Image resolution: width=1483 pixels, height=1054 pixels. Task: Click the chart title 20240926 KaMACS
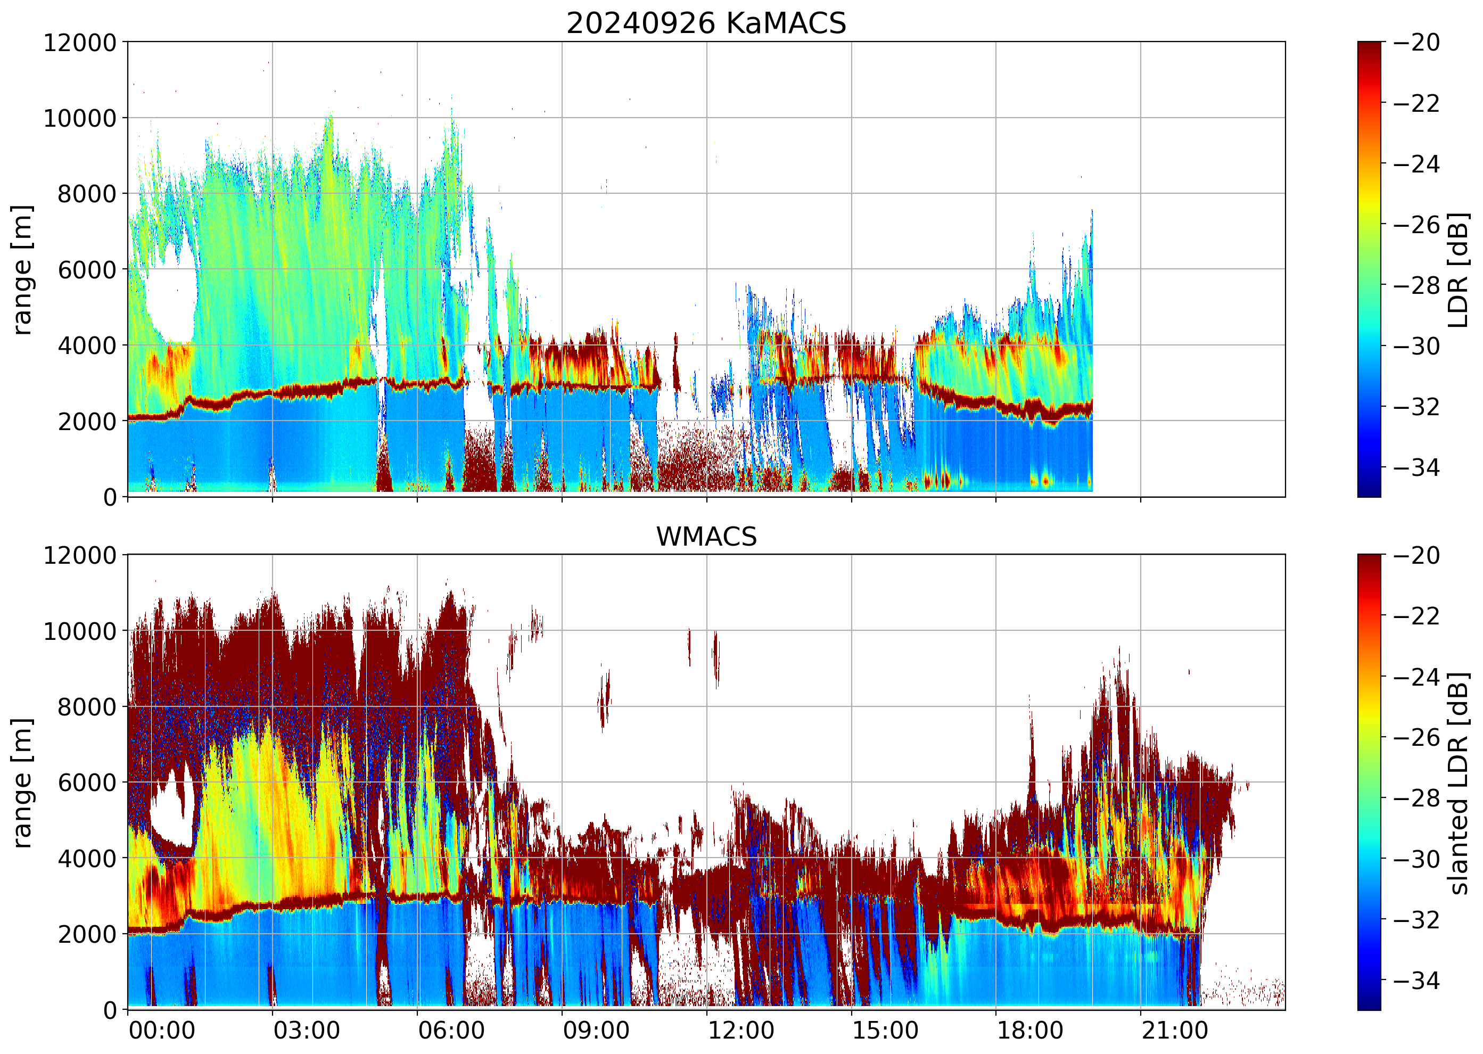click(x=706, y=24)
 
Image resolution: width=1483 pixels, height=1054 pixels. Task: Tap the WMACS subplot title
click(x=706, y=537)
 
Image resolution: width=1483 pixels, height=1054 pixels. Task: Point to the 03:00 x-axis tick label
click(x=306, y=1031)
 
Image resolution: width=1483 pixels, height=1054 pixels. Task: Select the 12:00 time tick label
click(x=740, y=1031)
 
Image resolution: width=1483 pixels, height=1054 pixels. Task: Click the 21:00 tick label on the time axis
click(x=1175, y=1031)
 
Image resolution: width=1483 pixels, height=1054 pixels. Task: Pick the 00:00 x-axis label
click(x=162, y=1031)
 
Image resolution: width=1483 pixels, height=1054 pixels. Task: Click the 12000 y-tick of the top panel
click(x=80, y=43)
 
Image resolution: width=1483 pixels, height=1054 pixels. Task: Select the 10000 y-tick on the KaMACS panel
click(x=80, y=119)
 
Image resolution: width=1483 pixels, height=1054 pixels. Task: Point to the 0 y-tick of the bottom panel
click(x=110, y=1010)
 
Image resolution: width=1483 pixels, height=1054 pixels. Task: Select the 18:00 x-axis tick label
click(x=1030, y=1031)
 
